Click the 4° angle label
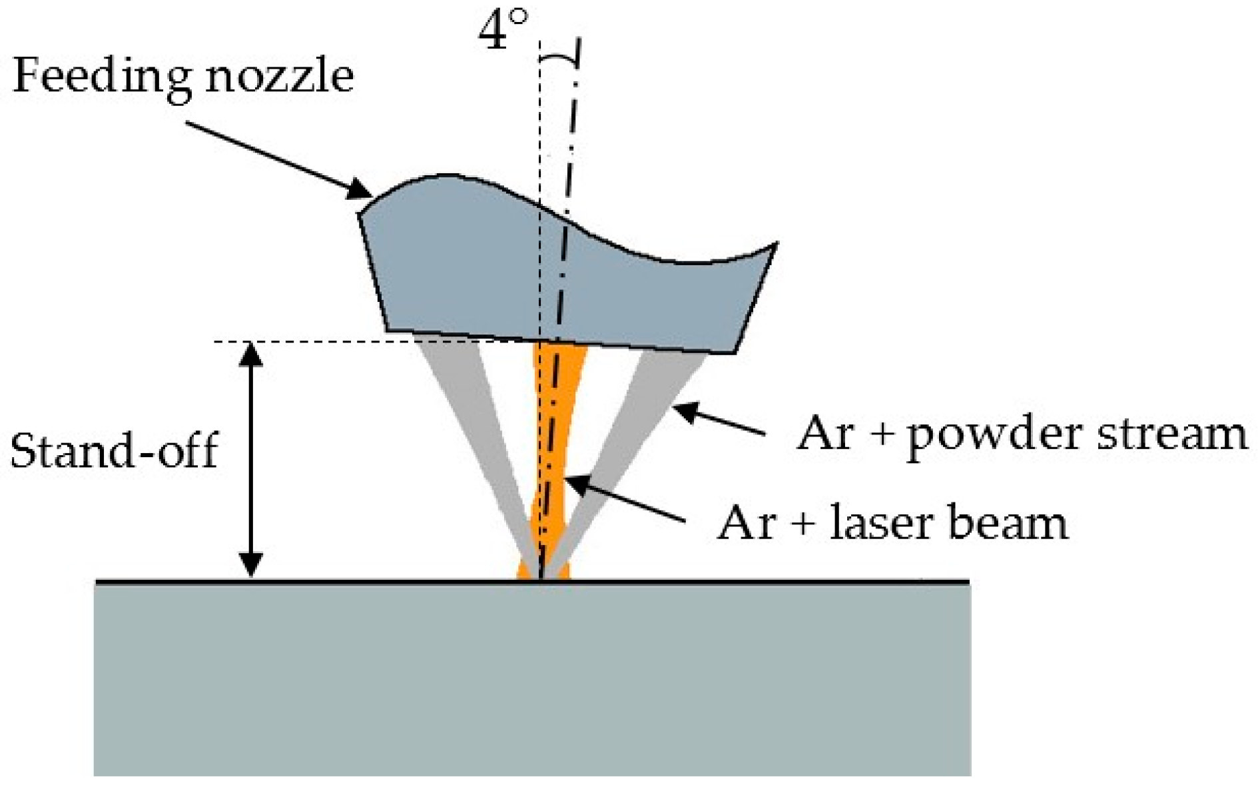tap(503, 30)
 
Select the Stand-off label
tap(114, 451)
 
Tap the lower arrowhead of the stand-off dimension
tap(250, 565)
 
